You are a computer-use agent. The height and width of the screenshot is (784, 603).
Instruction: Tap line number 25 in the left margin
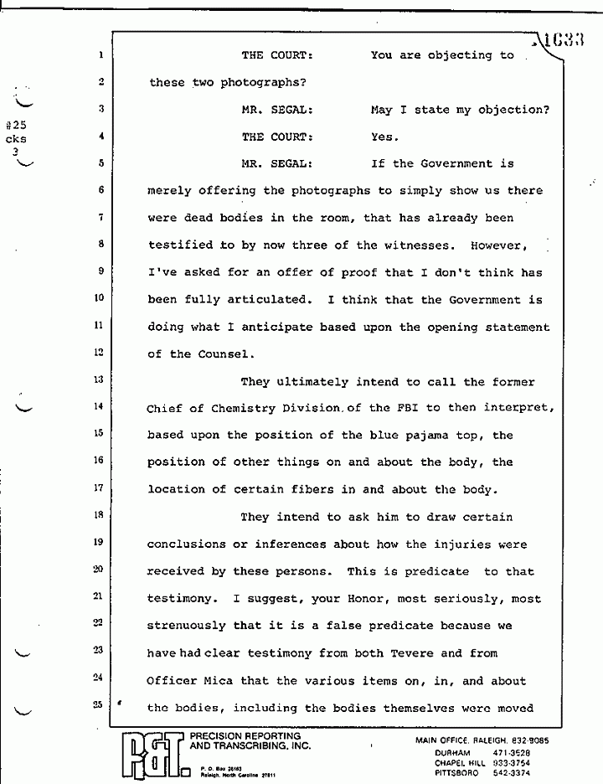click(99, 706)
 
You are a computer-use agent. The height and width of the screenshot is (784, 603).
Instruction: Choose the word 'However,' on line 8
click(499, 246)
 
